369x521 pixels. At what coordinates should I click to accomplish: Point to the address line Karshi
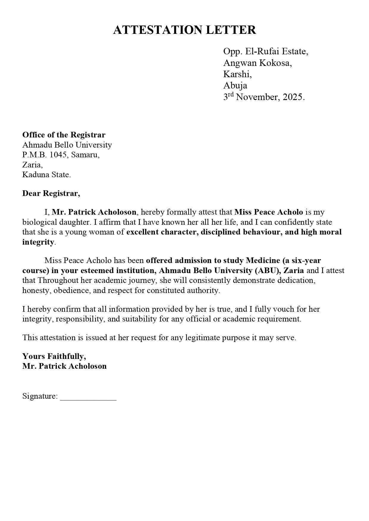point(237,74)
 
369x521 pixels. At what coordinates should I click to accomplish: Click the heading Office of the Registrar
point(64,135)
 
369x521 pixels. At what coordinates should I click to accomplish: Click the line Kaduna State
point(46,175)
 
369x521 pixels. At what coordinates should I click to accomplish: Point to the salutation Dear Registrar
point(51,194)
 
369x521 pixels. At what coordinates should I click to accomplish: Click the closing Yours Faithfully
point(54,356)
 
